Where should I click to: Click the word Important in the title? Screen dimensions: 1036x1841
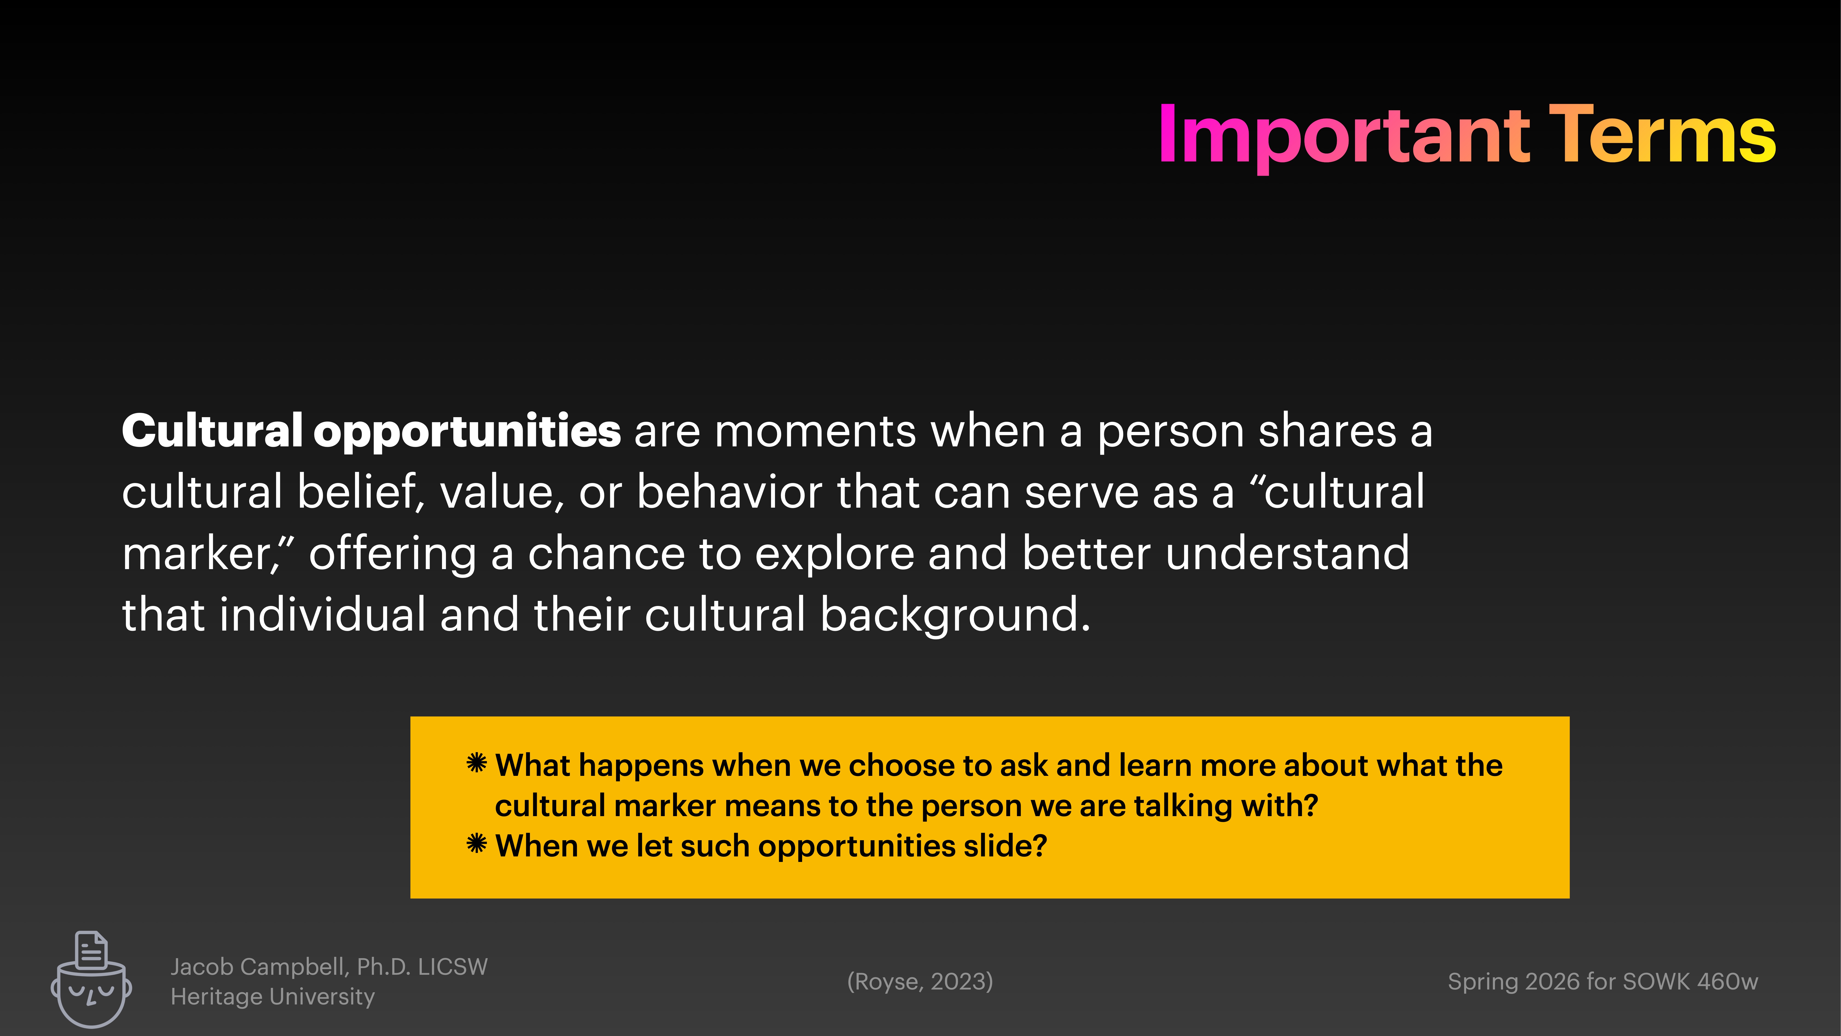point(1344,136)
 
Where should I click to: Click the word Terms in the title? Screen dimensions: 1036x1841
point(1662,136)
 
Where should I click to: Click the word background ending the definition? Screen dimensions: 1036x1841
point(954,616)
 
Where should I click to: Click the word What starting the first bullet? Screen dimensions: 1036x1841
point(532,766)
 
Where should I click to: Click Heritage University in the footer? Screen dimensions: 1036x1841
point(272,997)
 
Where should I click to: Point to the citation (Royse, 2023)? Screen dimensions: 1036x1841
point(920,982)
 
